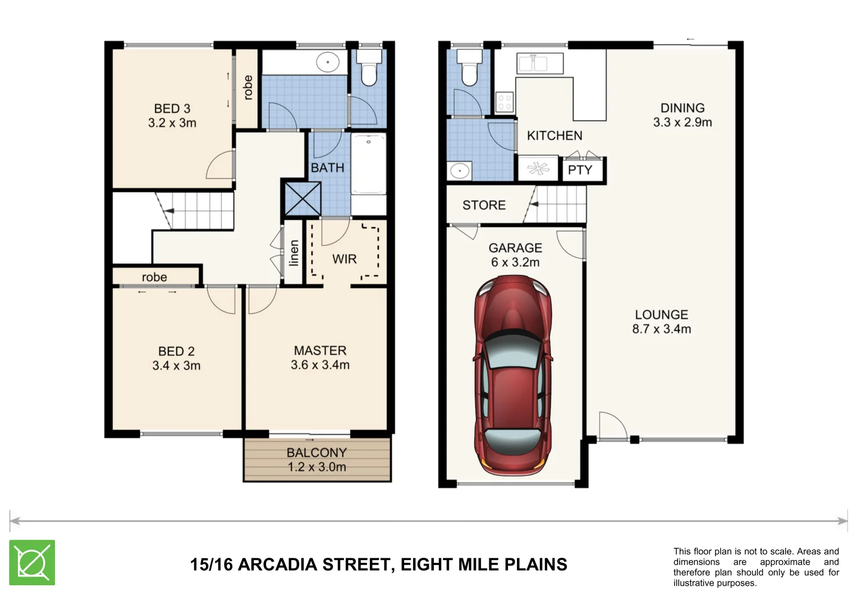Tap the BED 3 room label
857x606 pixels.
tap(172, 108)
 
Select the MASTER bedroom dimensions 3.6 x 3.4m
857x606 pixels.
tap(320, 365)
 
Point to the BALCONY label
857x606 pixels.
tap(317, 452)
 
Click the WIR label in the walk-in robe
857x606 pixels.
tap(344, 259)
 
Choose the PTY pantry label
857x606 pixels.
tap(580, 170)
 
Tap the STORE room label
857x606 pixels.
tap(484, 205)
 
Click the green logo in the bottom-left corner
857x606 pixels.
tap(32, 562)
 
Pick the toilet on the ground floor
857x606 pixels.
tap(469, 68)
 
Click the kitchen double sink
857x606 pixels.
tap(533, 63)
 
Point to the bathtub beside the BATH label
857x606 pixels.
tap(369, 164)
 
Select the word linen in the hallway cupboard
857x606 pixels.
tap(294, 253)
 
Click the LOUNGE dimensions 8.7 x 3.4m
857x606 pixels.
tap(661, 329)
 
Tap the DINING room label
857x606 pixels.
tap(682, 108)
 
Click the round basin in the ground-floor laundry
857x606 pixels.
tap(460, 170)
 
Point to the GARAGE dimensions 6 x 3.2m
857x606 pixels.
tap(515, 263)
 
